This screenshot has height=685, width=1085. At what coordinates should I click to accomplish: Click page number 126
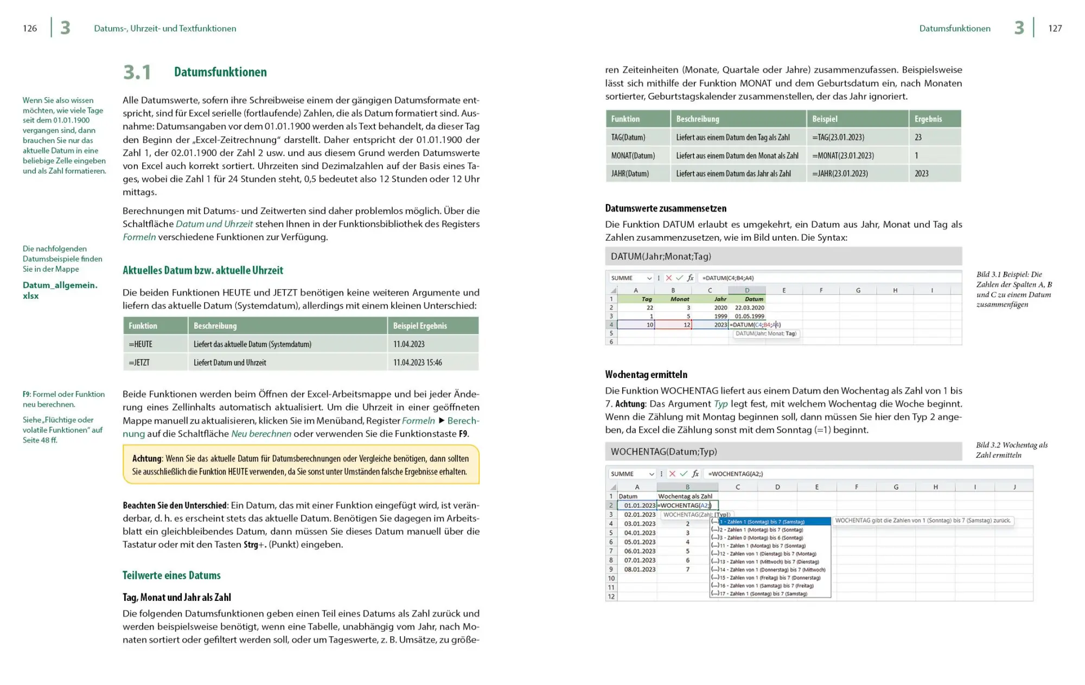(x=30, y=28)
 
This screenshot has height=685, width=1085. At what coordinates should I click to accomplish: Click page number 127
(x=1055, y=28)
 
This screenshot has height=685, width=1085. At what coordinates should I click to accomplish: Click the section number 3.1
(x=137, y=72)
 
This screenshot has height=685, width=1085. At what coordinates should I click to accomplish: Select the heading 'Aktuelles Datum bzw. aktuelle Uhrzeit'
(x=203, y=270)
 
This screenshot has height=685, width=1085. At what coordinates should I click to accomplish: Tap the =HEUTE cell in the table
(x=141, y=344)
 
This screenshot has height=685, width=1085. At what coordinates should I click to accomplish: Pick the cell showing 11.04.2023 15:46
(x=417, y=362)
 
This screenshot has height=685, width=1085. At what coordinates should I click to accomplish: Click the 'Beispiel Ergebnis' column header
(x=420, y=326)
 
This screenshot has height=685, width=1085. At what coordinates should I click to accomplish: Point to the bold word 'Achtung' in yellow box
(x=146, y=458)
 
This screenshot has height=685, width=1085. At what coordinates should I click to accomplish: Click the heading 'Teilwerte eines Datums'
(x=171, y=575)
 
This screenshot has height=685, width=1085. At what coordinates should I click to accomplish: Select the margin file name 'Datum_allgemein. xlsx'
(x=60, y=290)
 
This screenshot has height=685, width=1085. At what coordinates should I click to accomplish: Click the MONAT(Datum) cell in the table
(x=633, y=156)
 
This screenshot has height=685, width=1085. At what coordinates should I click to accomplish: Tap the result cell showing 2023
(x=921, y=174)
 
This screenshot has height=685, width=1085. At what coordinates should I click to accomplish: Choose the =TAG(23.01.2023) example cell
(x=838, y=137)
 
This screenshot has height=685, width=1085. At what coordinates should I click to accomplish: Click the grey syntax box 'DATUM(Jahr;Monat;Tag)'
(x=783, y=256)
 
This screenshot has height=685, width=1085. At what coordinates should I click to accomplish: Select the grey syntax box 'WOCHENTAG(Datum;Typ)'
(x=783, y=451)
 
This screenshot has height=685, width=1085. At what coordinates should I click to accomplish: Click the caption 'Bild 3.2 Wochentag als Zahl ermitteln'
(x=1011, y=450)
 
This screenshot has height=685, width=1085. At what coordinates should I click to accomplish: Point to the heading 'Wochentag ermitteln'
(x=646, y=374)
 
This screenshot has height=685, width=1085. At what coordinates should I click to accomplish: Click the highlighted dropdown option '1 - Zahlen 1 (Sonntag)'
(x=775, y=522)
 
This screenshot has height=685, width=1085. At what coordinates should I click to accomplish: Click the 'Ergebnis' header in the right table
(x=928, y=119)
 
